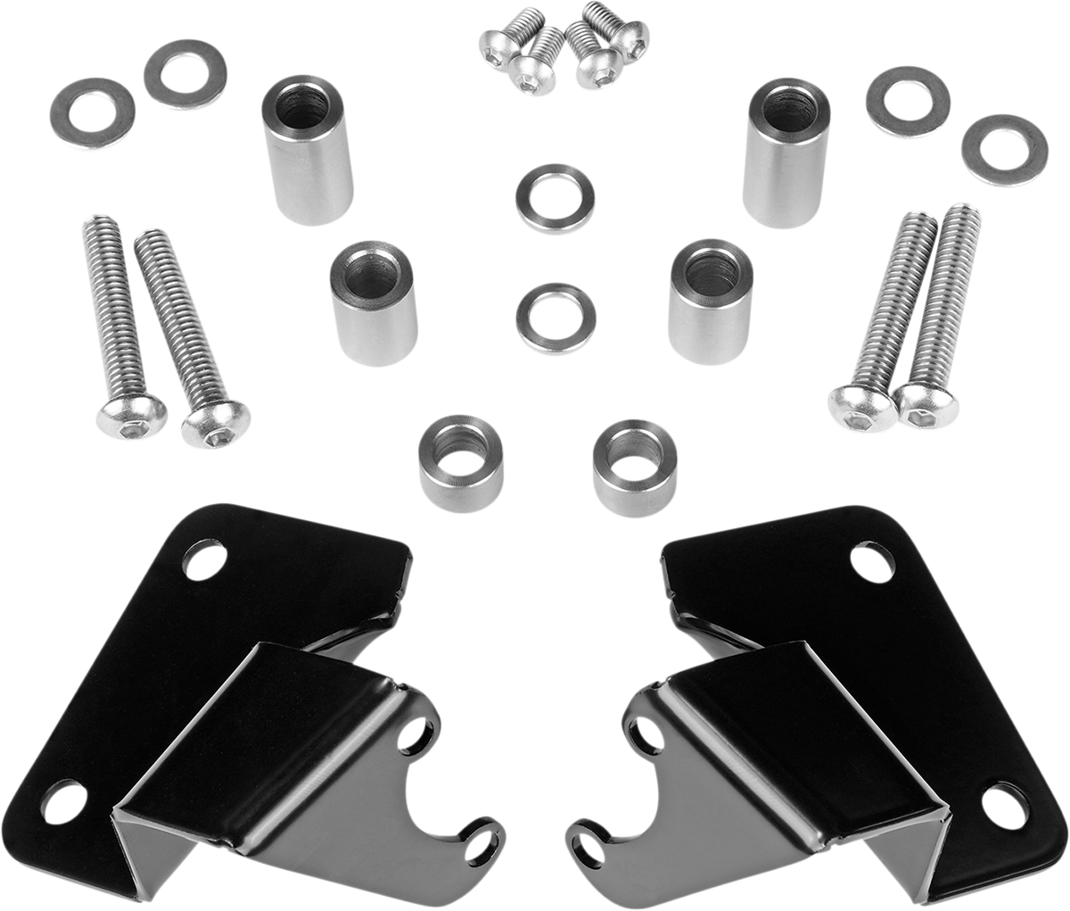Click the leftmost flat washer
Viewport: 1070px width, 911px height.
(x=92, y=114)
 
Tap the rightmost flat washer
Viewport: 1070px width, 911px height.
(x=1004, y=150)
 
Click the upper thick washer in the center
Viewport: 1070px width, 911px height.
(x=556, y=198)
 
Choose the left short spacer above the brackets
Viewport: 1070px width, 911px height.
(x=458, y=465)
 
